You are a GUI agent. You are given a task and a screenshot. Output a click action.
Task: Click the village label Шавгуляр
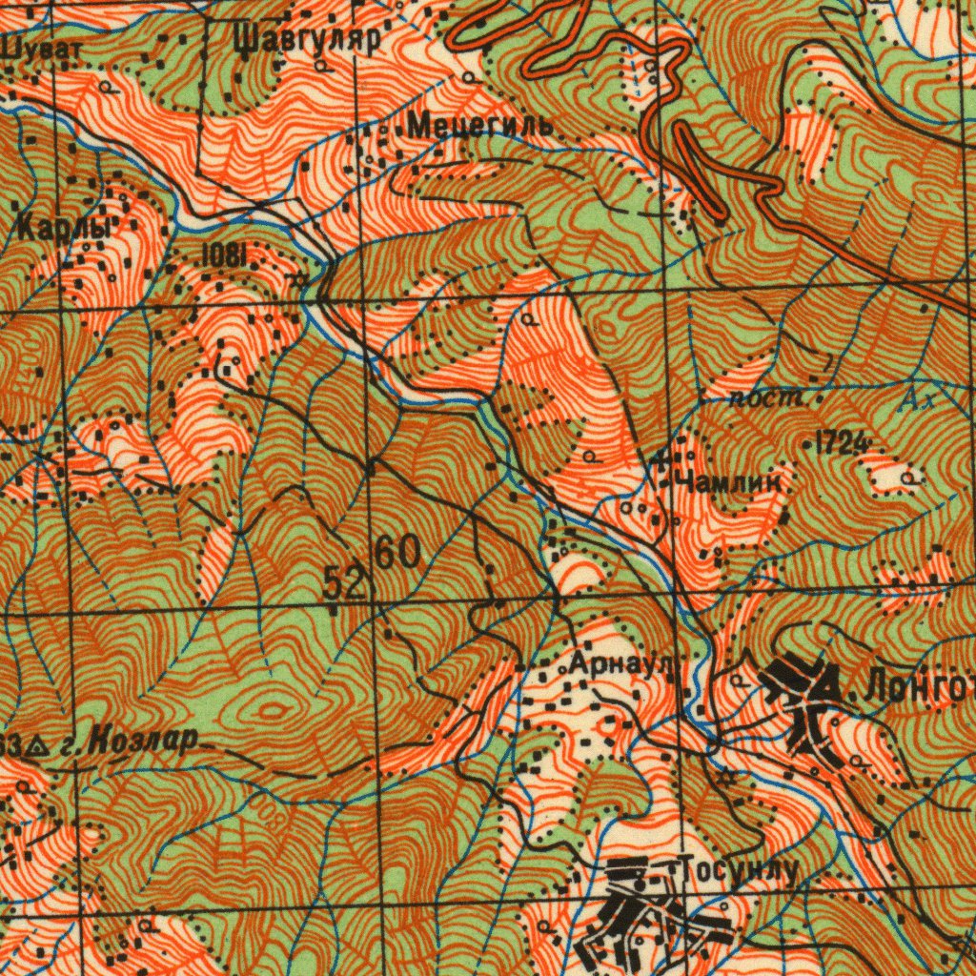coord(306,39)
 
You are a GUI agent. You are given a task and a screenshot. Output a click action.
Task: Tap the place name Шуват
coord(42,47)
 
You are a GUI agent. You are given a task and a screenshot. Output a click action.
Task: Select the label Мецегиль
coord(479,125)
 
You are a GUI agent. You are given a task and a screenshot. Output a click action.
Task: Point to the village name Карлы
coord(65,228)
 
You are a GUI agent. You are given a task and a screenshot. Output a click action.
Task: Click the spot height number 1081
coord(225,254)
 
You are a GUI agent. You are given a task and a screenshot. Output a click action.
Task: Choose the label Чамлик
coord(729,481)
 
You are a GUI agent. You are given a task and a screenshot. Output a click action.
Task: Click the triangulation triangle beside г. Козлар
coord(36,745)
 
